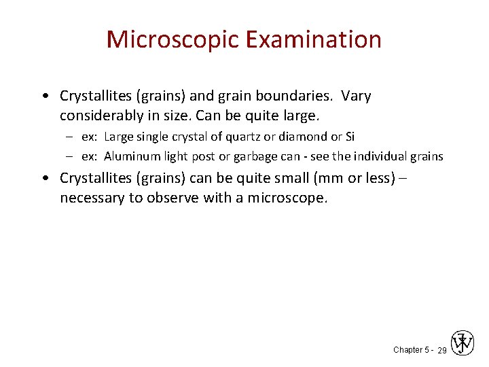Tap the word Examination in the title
tap(314, 39)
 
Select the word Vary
tap(356, 96)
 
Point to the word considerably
tap(101, 113)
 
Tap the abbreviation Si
tap(350, 137)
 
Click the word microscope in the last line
tap(289, 198)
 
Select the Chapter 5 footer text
tap(410, 350)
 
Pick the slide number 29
tap(441, 351)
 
